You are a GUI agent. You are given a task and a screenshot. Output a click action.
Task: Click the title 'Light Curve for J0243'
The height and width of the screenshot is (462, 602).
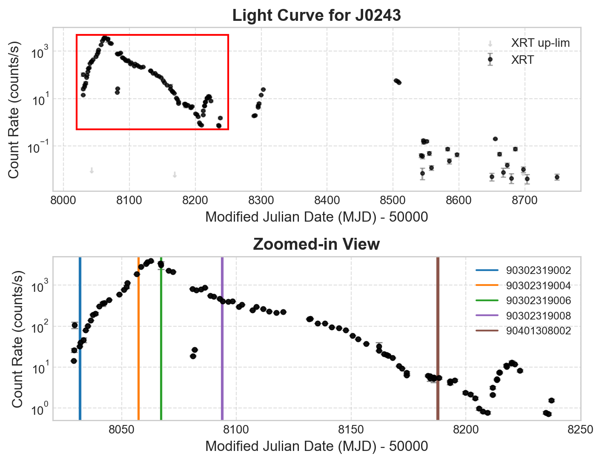[316, 16]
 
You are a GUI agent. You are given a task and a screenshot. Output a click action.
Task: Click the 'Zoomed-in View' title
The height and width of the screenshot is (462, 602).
[316, 245]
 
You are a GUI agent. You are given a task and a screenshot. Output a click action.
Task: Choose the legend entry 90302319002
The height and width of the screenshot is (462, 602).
[538, 270]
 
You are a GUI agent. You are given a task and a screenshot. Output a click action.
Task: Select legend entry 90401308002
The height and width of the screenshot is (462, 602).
[538, 331]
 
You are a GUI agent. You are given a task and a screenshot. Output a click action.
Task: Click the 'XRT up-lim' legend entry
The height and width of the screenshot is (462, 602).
[540, 43]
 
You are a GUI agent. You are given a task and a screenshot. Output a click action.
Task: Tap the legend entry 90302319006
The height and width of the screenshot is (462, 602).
[538, 301]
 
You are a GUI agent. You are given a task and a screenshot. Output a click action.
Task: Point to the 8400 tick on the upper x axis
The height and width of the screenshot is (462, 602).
[327, 200]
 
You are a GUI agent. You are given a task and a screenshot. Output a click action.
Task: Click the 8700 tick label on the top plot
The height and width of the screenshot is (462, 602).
[525, 200]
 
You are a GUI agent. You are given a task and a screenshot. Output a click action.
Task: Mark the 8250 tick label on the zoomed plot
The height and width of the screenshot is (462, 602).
[580, 429]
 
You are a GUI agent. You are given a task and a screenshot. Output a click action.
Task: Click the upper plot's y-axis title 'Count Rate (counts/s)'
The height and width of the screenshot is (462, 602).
[14, 110]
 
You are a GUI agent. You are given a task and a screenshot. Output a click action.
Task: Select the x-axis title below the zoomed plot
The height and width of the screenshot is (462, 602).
[316, 446]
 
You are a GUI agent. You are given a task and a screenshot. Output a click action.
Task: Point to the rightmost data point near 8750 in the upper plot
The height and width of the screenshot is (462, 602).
[557, 177]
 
